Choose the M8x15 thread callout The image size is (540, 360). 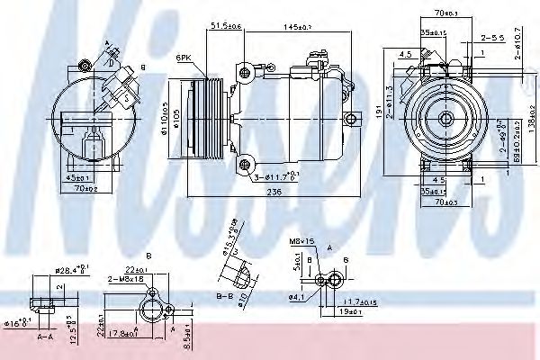301,241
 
